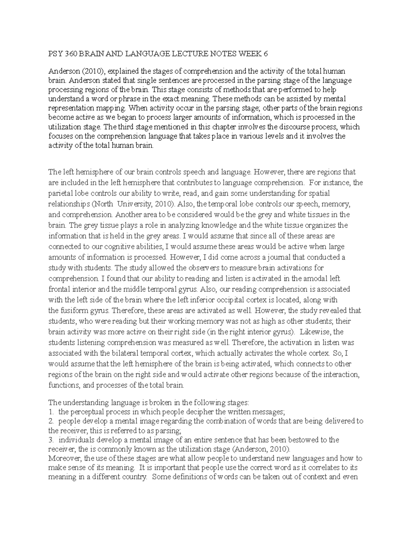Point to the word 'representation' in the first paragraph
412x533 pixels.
69,108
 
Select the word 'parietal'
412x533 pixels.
60,193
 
